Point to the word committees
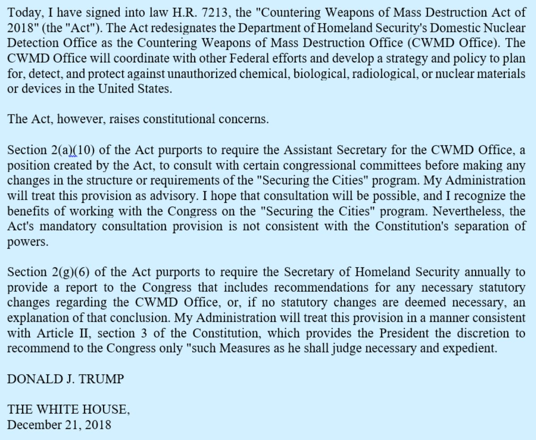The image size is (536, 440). point(369,166)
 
